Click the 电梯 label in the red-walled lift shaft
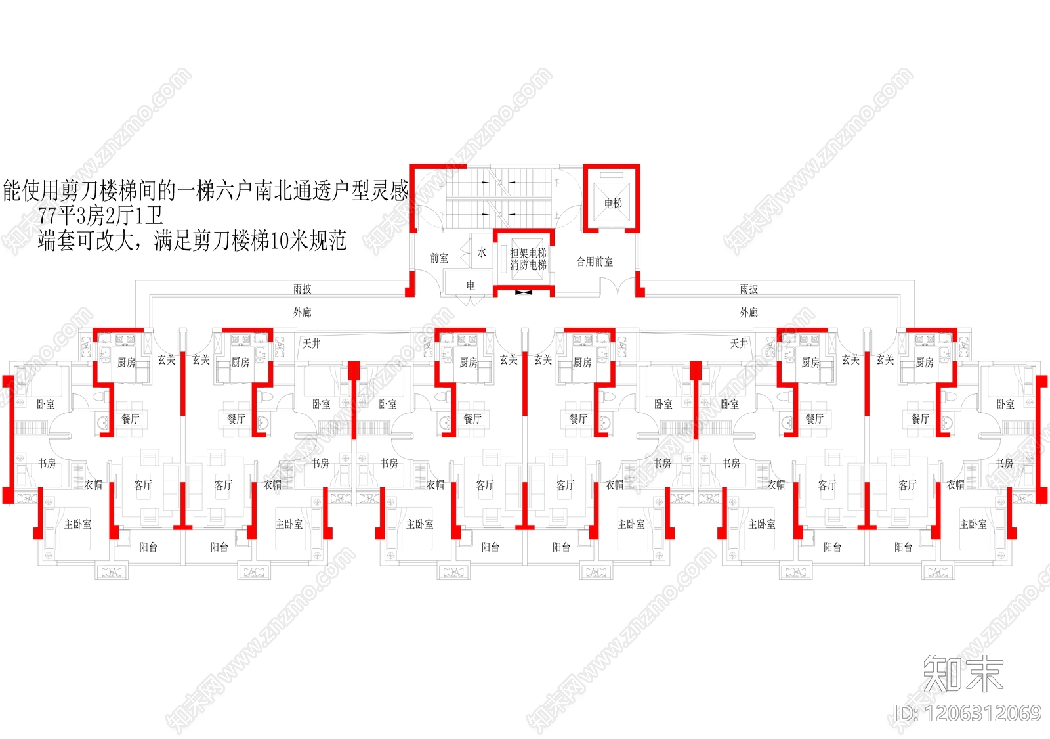pos(613,204)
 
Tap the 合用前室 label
pos(595,261)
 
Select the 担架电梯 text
pos(528,253)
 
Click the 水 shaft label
pos(482,252)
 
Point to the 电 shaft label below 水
pos(470,285)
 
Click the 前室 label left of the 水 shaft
pos(439,258)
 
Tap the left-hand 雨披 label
pos(303,289)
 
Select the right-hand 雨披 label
pos(749,289)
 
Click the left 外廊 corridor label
pos(303,313)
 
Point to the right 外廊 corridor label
pos(749,313)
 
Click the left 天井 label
pos(312,344)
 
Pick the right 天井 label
pos(740,344)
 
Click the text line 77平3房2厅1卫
pos(100,216)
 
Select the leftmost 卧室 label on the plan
pos(46,404)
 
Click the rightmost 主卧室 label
pos(973,524)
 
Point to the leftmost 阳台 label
pos(148,547)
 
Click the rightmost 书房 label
pos(1004,464)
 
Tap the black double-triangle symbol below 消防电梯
pos(523,292)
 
